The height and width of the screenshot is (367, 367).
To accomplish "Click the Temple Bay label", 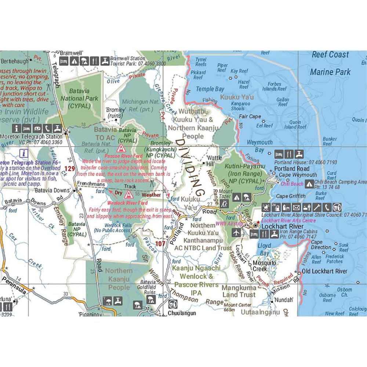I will pos(210,89).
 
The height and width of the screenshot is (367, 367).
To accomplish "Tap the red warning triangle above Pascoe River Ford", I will pos(120,148).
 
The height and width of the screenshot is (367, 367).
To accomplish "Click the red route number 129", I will pos(70,168).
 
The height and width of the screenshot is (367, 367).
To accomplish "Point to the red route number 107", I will pos(160,243).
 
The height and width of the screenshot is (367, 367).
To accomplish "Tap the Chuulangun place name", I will pos(182,313).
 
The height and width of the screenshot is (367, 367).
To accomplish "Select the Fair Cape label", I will pos(250,116).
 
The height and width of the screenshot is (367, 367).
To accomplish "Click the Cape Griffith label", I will pos(291,196).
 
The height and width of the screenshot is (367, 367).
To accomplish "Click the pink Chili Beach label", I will pos(292,183).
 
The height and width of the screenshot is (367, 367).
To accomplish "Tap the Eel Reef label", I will pos(264,126).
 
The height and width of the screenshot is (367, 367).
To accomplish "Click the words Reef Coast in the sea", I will pos(330,55).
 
